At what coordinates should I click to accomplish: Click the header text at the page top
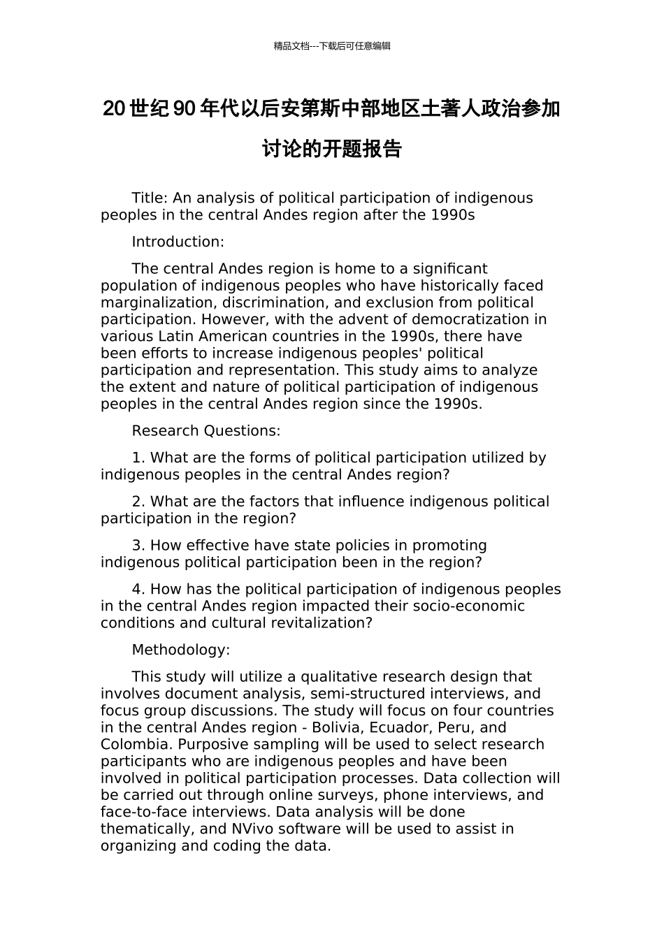coord(332,46)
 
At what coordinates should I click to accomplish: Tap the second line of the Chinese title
coord(332,150)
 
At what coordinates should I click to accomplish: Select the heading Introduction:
coord(178,242)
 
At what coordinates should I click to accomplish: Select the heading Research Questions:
coord(206,431)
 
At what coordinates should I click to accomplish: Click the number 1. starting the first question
coord(138,458)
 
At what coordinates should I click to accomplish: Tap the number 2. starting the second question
coord(138,502)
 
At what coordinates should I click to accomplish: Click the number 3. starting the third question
coord(138,546)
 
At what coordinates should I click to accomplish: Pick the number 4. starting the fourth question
coord(138,590)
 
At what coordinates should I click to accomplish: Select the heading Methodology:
coord(180,650)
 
